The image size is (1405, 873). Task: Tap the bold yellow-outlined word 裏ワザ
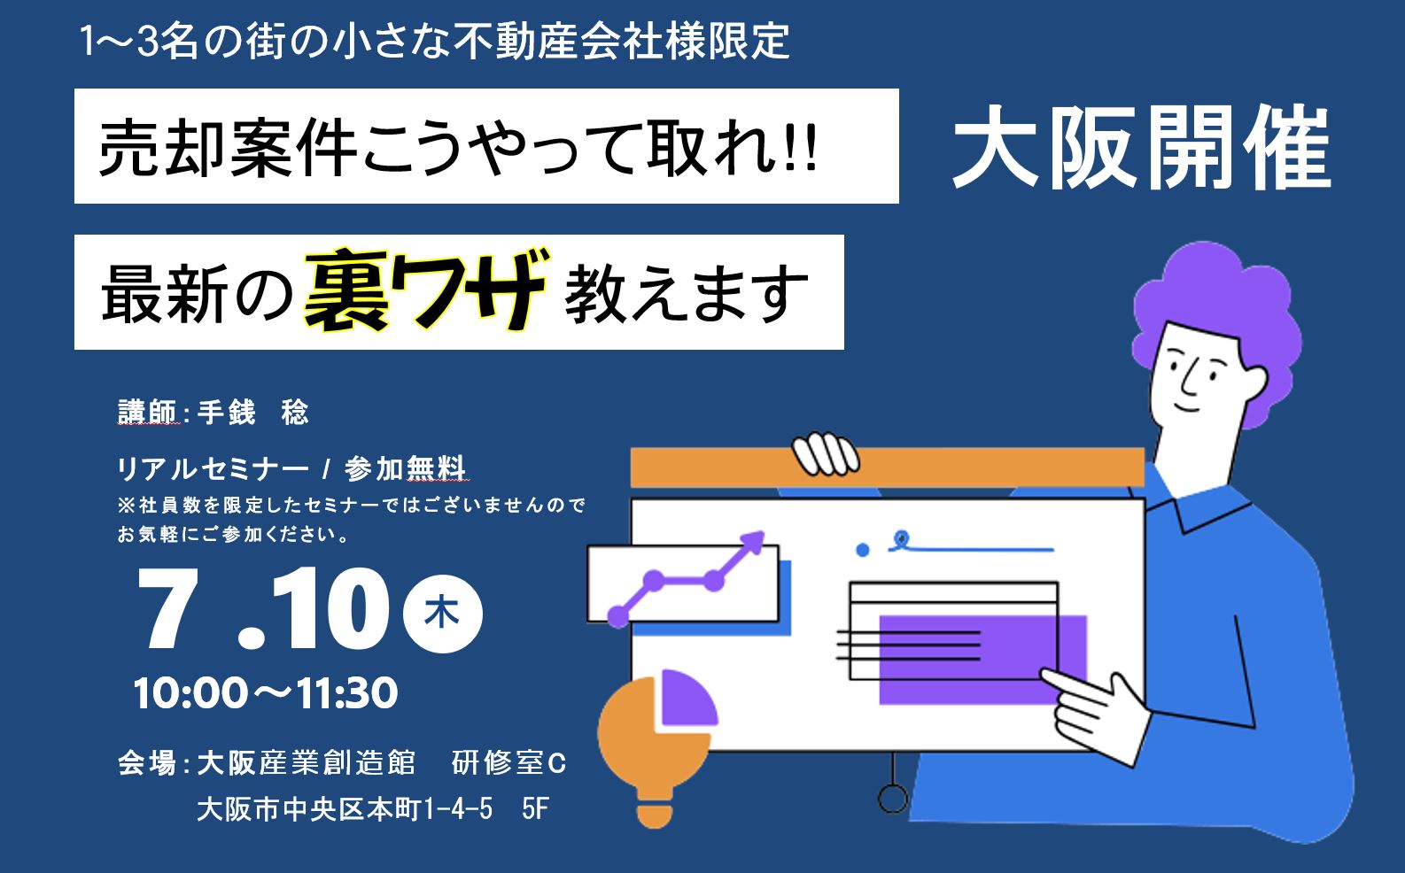[x=426, y=290]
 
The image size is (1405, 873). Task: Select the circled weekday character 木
[x=442, y=613]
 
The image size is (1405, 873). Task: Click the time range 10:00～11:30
[x=266, y=692]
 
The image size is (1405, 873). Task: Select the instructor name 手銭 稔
[x=252, y=413]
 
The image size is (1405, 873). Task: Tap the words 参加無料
[x=405, y=468]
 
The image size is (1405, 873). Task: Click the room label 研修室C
[x=508, y=762]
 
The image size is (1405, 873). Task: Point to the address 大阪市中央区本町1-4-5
[x=345, y=809]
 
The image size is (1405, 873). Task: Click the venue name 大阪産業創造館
[x=307, y=762]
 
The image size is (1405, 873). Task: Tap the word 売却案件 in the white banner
[x=228, y=148]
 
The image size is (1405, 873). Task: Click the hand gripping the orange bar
[x=826, y=453]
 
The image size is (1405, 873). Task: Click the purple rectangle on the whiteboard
[x=982, y=660]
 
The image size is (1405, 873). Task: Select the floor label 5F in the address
[x=535, y=809]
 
